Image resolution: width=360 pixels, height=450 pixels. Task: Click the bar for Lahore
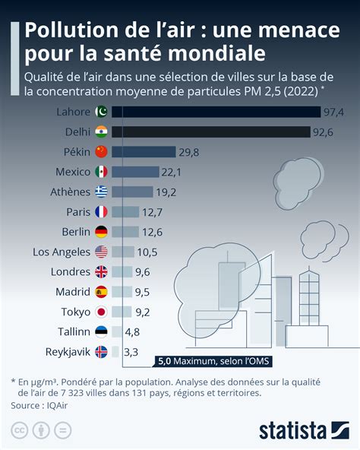(x=216, y=112)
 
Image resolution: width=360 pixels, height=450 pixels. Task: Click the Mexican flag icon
(x=101, y=172)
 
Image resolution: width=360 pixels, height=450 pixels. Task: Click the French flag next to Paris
(x=101, y=211)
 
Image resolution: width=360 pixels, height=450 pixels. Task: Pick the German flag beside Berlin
(x=101, y=231)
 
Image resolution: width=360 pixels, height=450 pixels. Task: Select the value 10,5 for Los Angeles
(x=146, y=252)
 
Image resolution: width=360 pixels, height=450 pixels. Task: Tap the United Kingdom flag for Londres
(x=101, y=271)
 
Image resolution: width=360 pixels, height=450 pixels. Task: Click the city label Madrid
(x=73, y=291)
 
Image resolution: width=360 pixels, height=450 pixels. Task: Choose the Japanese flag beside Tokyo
(x=101, y=312)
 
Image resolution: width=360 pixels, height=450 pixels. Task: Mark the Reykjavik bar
(x=115, y=351)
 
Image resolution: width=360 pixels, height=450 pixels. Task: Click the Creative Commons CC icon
(x=20, y=430)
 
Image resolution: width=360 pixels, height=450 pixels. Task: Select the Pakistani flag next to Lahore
(x=101, y=112)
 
